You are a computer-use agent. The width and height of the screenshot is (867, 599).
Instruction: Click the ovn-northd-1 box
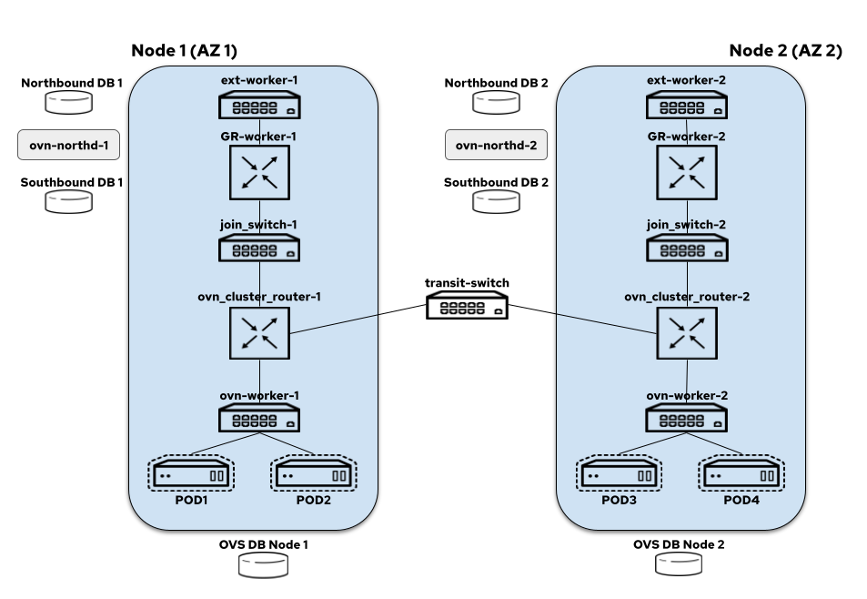pos(68,145)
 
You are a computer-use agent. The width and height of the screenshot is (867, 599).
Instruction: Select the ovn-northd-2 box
pos(496,145)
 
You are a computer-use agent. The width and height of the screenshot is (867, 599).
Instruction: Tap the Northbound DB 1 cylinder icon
pos(68,102)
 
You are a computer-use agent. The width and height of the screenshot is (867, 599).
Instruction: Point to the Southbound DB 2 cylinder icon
pos(496,202)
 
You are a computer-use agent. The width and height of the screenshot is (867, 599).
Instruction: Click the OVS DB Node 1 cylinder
pos(263,564)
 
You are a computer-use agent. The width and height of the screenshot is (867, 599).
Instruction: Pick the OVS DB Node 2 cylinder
pos(679,563)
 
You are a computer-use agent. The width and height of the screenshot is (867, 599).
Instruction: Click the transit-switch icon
pos(468,305)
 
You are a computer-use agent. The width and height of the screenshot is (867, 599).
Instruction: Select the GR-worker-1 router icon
pos(259,173)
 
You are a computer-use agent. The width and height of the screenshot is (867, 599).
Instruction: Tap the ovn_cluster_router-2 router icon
pos(687,333)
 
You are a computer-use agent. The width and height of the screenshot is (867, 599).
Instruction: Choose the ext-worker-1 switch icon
pos(259,105)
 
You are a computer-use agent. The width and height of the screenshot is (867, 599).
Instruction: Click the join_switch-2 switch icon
pos(687,248)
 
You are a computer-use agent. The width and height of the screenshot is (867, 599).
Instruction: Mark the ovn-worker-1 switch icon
pos(259,418)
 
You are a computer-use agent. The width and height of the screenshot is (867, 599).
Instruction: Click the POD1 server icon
pos(191,473)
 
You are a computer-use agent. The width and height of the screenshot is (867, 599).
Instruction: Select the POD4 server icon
pos(741,473)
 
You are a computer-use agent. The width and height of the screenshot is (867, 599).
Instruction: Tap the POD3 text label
pos(619,500)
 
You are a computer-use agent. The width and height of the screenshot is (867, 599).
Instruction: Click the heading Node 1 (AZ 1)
pos(184,50)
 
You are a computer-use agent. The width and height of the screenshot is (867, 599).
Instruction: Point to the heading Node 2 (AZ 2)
pos(786,50)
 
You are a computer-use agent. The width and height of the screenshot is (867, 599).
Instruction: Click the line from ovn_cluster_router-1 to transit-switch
pos(358,320)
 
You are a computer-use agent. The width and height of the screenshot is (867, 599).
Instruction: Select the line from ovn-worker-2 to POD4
pos(714,443)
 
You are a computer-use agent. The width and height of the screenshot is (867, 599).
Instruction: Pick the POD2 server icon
pos(314,473)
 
